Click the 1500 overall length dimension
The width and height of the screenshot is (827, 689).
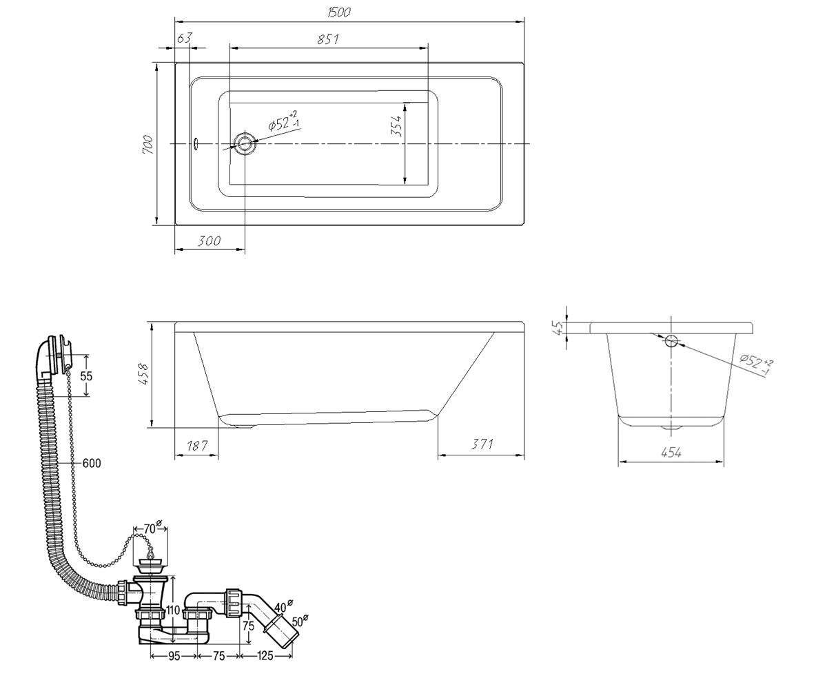pyautogui.click(x=339, y=12)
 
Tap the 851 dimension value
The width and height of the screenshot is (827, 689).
pyautogui.click(x=328, y=39)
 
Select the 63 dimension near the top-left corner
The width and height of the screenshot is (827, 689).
pyautogui.click(x=185, y=38)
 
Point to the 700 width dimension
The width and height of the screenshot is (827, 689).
pyautogui.click(x=147, y=145)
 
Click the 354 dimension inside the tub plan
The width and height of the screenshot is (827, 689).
pyautogui.click(x=396, y=126)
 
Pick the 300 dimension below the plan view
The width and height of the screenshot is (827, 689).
pyautogui.click(x=209, y=240)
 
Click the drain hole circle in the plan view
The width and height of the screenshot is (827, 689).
pyautogui.click(x=245, y=143)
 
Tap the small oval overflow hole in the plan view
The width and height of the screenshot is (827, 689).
pyautogui.click(x=196, y=144)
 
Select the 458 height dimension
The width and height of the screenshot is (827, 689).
pyautogui.click(x=143, y=374)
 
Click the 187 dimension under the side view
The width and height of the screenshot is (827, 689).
pyautogui.click(x=197, y=446)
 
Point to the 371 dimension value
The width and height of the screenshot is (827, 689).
pyautogui.click(x=482, y=444)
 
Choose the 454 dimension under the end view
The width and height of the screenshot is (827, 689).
pyautogui.click(x=671, y=452)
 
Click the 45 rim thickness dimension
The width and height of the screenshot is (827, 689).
pyautogui.click(x=558, y=327)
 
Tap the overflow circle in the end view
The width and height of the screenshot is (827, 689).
pyautogui.click(x=671, y=340)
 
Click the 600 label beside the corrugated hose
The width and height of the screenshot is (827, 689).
pyautogui.click(x=92, y=463)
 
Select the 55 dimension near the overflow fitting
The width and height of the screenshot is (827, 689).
pyautogui.click(x=86, y=376)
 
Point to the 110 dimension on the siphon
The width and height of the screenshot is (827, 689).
pyautogui.click(x=173, y=610)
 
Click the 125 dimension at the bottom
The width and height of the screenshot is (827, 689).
pyautogui.click(x=265, y=656)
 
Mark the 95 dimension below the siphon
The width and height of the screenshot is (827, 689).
pyautogui.click(x=174, y=656)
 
